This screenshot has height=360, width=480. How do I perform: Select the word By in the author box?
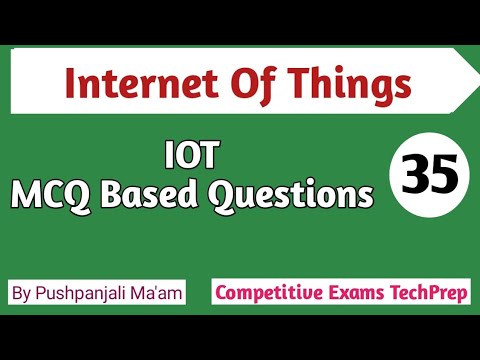point(24,295)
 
